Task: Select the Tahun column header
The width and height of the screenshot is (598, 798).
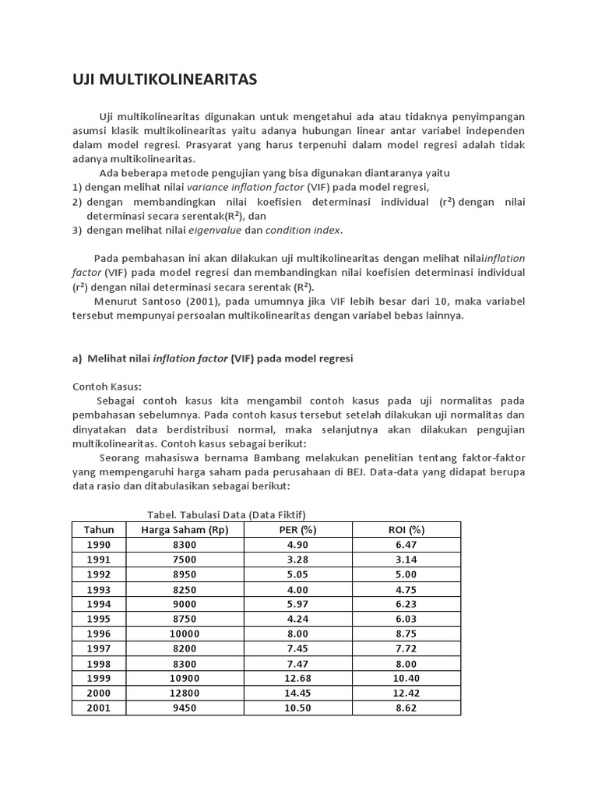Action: point(99,530)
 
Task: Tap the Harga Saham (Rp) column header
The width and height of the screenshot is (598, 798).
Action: point(181,530)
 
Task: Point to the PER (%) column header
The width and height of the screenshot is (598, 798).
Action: point(298,530)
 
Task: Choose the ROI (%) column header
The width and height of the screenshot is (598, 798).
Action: point(406,530)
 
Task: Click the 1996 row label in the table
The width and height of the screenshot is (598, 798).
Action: point(99,634)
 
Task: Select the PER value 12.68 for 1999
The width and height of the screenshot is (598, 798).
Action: point(298,679)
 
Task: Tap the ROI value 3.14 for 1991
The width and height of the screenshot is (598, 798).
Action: point(406,560)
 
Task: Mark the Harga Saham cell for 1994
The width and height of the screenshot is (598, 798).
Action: point(181,605)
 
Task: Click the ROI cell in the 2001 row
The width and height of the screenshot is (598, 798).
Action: point(406,708)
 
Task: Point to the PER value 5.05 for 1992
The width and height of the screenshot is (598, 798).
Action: point(298,575)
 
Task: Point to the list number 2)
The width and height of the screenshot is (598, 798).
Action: point(77,202)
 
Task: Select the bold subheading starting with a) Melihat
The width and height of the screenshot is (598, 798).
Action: point(213,358)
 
